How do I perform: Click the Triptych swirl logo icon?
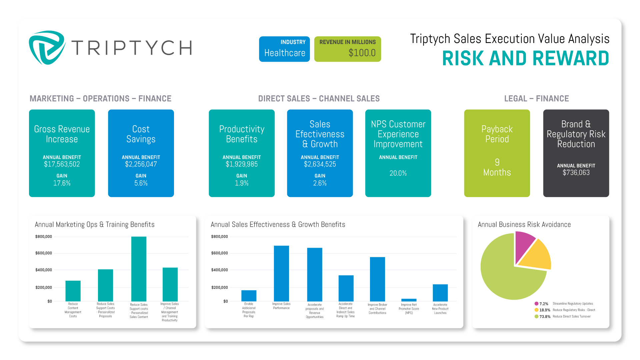[x=47, y=48]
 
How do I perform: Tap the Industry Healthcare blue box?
[x=284, y=49]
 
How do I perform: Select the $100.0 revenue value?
[x=362, y=53]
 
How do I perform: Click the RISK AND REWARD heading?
[x=525, y=59]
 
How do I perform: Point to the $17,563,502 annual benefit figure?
[x=62, y=164]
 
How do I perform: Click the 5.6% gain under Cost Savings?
[x=141, y=183]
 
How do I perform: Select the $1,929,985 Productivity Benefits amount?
[x=242, y=164]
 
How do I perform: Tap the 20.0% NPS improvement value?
[x=398, y=173]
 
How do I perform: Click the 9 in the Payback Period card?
[x=497, y=162]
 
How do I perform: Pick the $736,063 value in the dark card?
[x=576, y=173]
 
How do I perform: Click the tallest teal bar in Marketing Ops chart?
[x=139, y=269]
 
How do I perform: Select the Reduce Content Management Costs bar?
[x=73, y=291]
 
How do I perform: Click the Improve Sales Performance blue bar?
[x=281, y=273]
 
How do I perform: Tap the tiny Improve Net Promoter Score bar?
[x=409, y=300]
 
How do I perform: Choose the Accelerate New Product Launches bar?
[x=440, y=293]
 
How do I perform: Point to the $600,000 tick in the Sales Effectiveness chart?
[x=219, y=253]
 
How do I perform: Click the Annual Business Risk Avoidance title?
[x=524, y=225]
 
